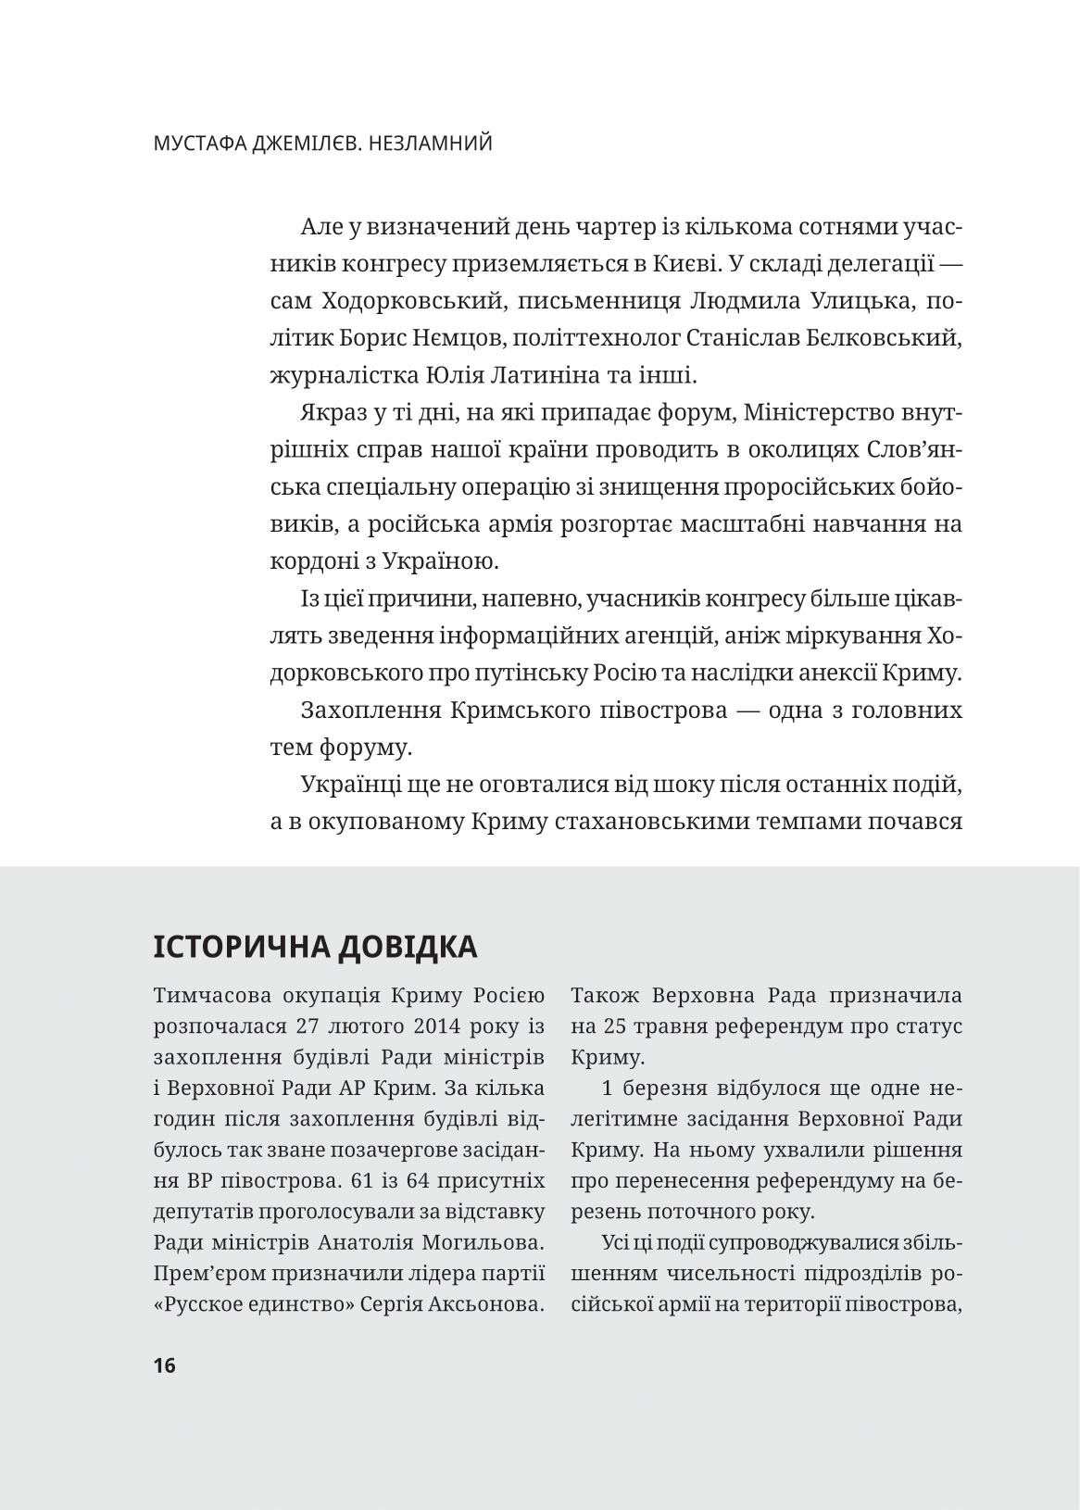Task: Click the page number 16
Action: pyautogui.click(x=165, y=1365)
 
